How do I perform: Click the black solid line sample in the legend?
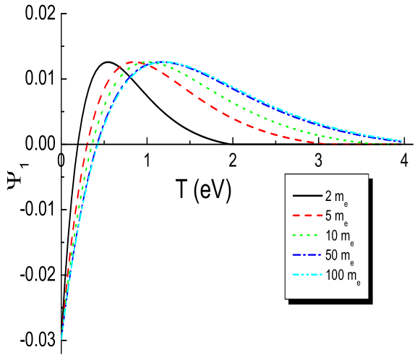point(307,196)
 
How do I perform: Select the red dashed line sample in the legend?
point(307,215)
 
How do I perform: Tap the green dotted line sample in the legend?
point(307,236)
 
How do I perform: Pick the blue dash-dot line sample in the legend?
point(307,255)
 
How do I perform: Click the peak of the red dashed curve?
point(134,62)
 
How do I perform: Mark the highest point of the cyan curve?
point(166,61)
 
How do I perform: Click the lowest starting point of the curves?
point(61,338)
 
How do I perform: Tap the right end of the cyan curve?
point(401,140)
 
